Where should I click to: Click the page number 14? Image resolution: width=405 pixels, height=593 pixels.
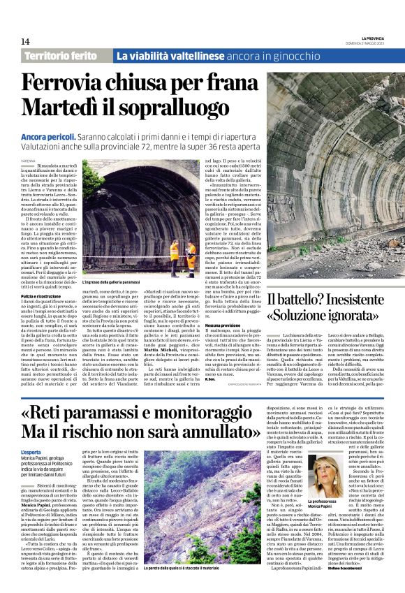(x=25, y=42)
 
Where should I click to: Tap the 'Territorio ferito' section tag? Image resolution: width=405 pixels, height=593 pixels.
(x=66, y=56)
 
